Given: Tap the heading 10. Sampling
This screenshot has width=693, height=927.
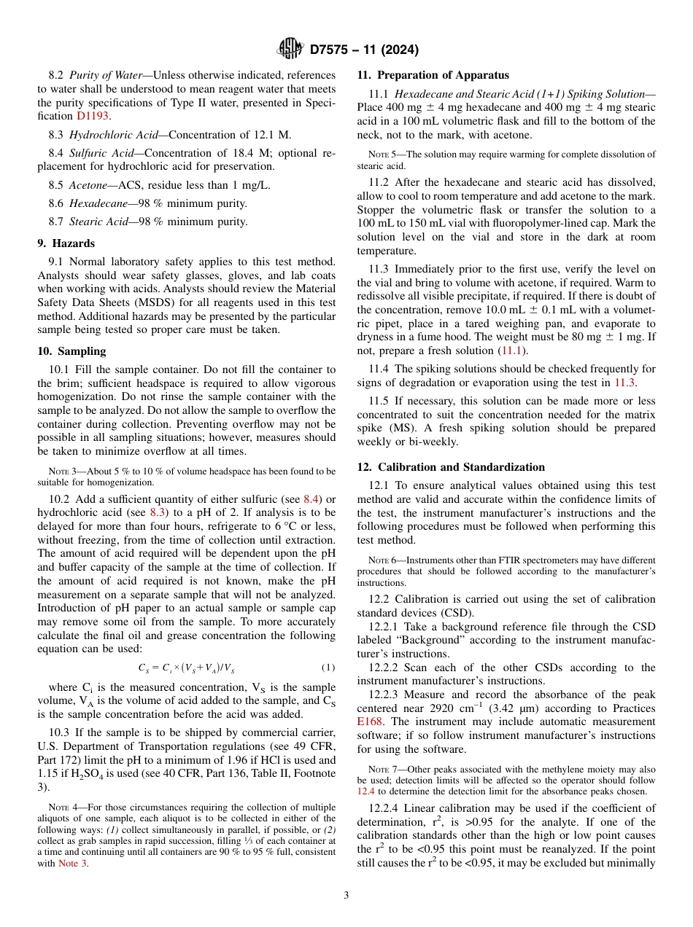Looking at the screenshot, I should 71,351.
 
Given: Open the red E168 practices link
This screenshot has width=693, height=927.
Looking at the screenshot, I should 370,721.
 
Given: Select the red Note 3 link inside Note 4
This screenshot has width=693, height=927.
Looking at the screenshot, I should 72,864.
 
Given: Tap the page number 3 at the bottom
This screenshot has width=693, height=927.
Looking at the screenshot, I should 346,895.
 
